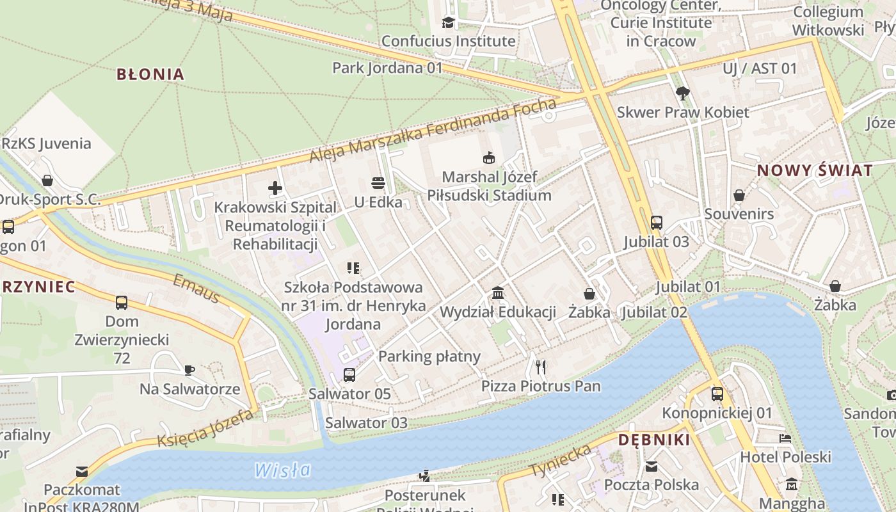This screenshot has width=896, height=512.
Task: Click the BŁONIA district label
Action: [x=150, y=74]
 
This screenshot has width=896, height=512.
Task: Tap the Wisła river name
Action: [x=282, y=470]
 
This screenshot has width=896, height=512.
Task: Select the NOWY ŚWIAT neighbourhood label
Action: [x=815, y=170]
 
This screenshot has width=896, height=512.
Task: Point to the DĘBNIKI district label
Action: [x=654, y=440]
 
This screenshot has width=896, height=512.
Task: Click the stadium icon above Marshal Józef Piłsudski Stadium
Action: [x=489, y=157]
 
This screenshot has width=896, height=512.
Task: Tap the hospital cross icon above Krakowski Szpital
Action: [x=275, y=188]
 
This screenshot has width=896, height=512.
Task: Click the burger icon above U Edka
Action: [x=378, y=184]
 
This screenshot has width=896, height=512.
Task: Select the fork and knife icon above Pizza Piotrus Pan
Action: [x=541, y=367]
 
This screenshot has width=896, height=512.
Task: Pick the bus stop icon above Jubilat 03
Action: [x=657, y=223]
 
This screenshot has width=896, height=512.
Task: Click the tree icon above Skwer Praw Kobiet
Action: [x=683, y=93]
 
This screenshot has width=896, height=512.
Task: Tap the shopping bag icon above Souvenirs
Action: [x=739, y=195]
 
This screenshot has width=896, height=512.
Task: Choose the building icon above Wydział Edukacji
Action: [x=497, y=293]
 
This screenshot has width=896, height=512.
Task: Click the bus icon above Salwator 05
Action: [x=349, y=375]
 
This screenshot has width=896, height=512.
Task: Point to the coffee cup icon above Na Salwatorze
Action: [x=189, y=370]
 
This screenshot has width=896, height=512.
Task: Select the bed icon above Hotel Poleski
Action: [x=785, y=438]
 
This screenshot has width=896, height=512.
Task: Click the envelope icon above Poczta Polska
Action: [x=652, y=467]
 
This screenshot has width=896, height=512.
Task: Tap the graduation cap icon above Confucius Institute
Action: [x=448, y=23]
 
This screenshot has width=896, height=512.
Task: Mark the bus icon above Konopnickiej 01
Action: [x=717, y=394]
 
